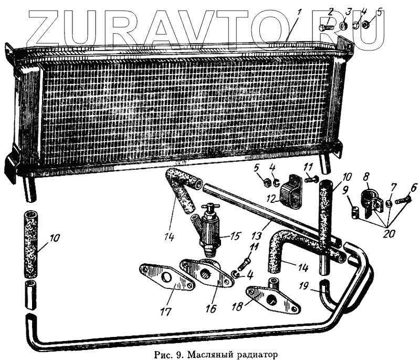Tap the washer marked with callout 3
tap(342, 25)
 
